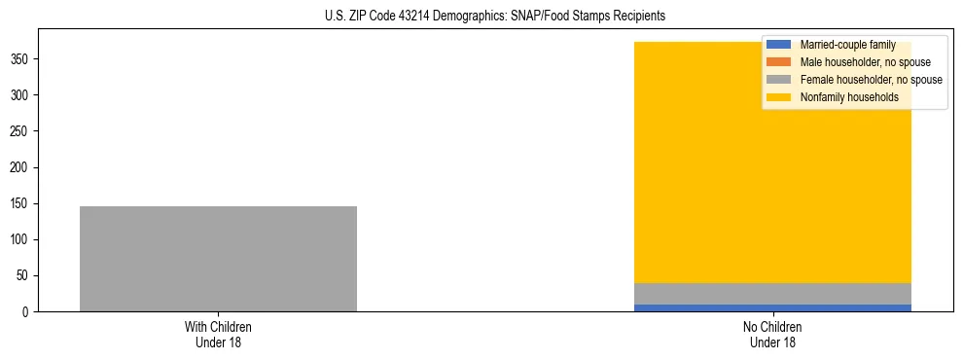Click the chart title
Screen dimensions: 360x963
pyautogui.click(x=495, y=17)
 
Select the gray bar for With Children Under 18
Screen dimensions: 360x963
pyautogui.click(x=218, y=259)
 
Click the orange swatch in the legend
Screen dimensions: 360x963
pyautogui.click(x=778, y=62)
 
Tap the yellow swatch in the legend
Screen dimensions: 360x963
pyautogui.click(x=778, y=97)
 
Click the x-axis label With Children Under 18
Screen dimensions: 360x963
pyautogui.click(x=218, y=334)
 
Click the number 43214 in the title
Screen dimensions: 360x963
pyautogui.click(x=437, y=17)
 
